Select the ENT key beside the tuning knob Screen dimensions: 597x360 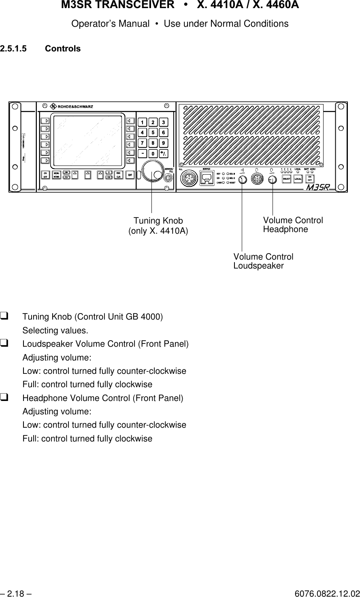(130, 175)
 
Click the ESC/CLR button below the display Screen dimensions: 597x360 (119, 175)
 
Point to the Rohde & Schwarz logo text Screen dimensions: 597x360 (75, 107)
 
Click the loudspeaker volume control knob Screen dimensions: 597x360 (242, 179)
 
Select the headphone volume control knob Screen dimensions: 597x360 (273, 179)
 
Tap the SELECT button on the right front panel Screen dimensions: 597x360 (287, 179)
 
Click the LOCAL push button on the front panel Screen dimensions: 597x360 (298, 179)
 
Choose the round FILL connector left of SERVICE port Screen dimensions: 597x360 (188, 178)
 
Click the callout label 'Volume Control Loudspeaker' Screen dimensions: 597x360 (263, 262)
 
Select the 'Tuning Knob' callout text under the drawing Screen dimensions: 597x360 (158, 221)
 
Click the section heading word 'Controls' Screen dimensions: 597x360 (63, 49)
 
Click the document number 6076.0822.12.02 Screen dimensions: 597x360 (327, 594)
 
